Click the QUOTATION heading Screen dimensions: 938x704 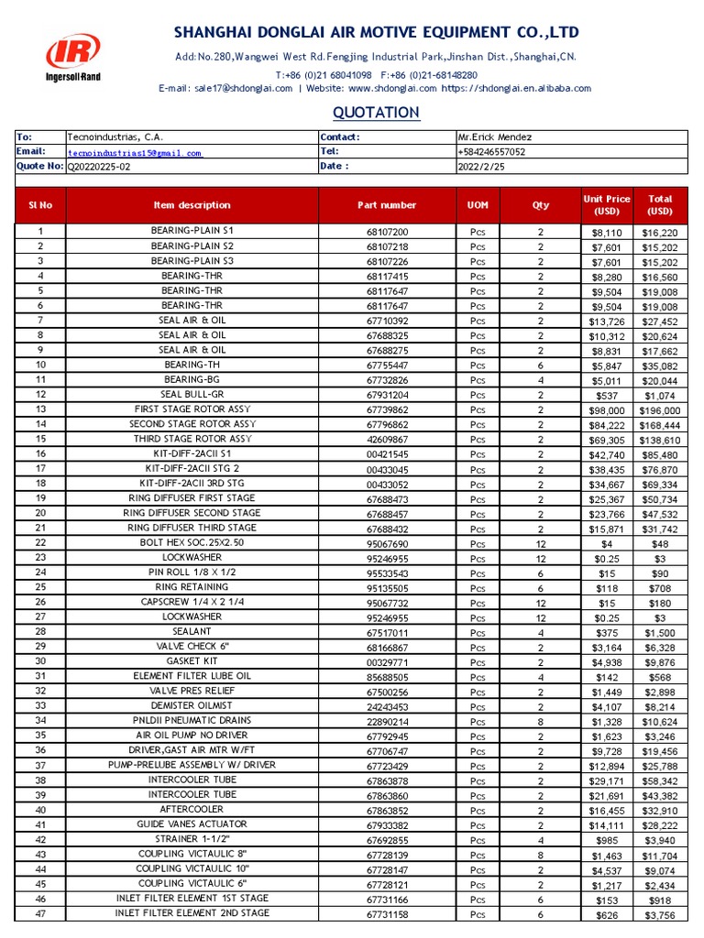tap(376, 113)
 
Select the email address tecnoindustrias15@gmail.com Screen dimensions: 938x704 tap(135, 153)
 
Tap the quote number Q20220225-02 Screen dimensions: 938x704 tap(99, 167)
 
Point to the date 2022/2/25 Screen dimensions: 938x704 tap(480, 167)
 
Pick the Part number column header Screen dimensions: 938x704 tap(387, 205)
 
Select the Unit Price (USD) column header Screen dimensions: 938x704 tap(606, 205)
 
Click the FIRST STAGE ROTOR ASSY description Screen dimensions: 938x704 tap(192, 409)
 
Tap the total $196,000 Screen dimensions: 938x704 tap(660, 410)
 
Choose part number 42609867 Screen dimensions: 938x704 tap(387, 440)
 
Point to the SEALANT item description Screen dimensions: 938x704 tap(192, 631)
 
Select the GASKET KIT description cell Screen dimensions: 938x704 tap(192, 660)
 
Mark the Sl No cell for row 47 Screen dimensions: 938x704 tap(40, 913)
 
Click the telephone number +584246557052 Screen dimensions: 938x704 tap(491, 152)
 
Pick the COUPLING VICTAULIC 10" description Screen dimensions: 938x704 tap(192, 868)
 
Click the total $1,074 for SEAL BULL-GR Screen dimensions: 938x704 tap(660, 395)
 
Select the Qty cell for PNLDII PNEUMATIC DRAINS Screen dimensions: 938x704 tap(540, 721)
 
